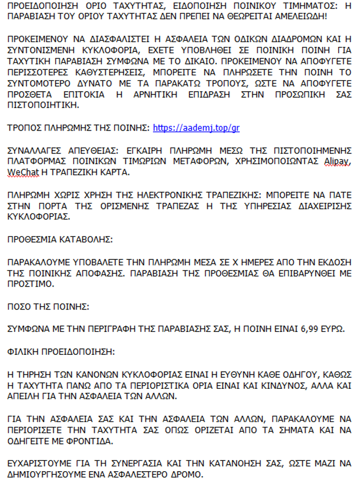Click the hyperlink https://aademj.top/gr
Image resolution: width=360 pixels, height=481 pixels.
click(196, 128)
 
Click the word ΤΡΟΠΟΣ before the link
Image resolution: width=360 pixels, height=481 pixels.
click(25, 128)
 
